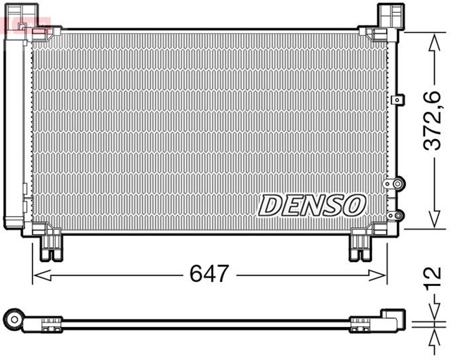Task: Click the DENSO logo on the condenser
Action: click(312, 205)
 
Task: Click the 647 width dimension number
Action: click(209, 273)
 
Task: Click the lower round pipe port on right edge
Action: click(397, 213)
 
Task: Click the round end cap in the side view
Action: click(13, 319)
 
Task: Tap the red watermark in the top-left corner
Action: click(21, 25)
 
